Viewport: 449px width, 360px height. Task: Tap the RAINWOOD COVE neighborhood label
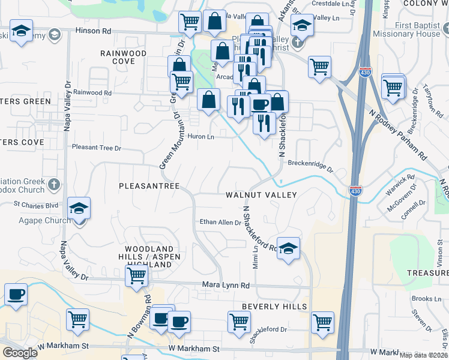click(x=124, y=57)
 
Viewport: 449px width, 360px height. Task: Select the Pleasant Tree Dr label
click(x=97, y=147)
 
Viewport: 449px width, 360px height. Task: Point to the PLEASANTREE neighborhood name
click(x=149, y=187)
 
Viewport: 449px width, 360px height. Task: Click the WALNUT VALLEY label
click(x=261, y=195)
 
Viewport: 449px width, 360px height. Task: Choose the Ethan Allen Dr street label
click(x=220, y=222)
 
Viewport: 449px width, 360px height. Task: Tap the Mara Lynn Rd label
click(x=225, y=286)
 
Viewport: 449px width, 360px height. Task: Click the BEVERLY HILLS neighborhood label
click(x=274, y=307)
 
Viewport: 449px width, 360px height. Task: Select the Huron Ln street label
click(x=201, y=137)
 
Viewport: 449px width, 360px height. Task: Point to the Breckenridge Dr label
click(x=310, y=163)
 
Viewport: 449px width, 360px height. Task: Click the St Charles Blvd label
click(x=36, y=205)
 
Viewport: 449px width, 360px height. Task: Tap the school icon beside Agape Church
click(x=79, y=208)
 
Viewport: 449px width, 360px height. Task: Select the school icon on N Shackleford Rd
click(x=288, y=248)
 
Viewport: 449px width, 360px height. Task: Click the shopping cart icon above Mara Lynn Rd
click(x=136, y=276)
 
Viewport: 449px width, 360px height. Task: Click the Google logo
click(x=20, y=353)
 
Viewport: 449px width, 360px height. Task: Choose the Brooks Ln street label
click(x=426, y=299)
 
